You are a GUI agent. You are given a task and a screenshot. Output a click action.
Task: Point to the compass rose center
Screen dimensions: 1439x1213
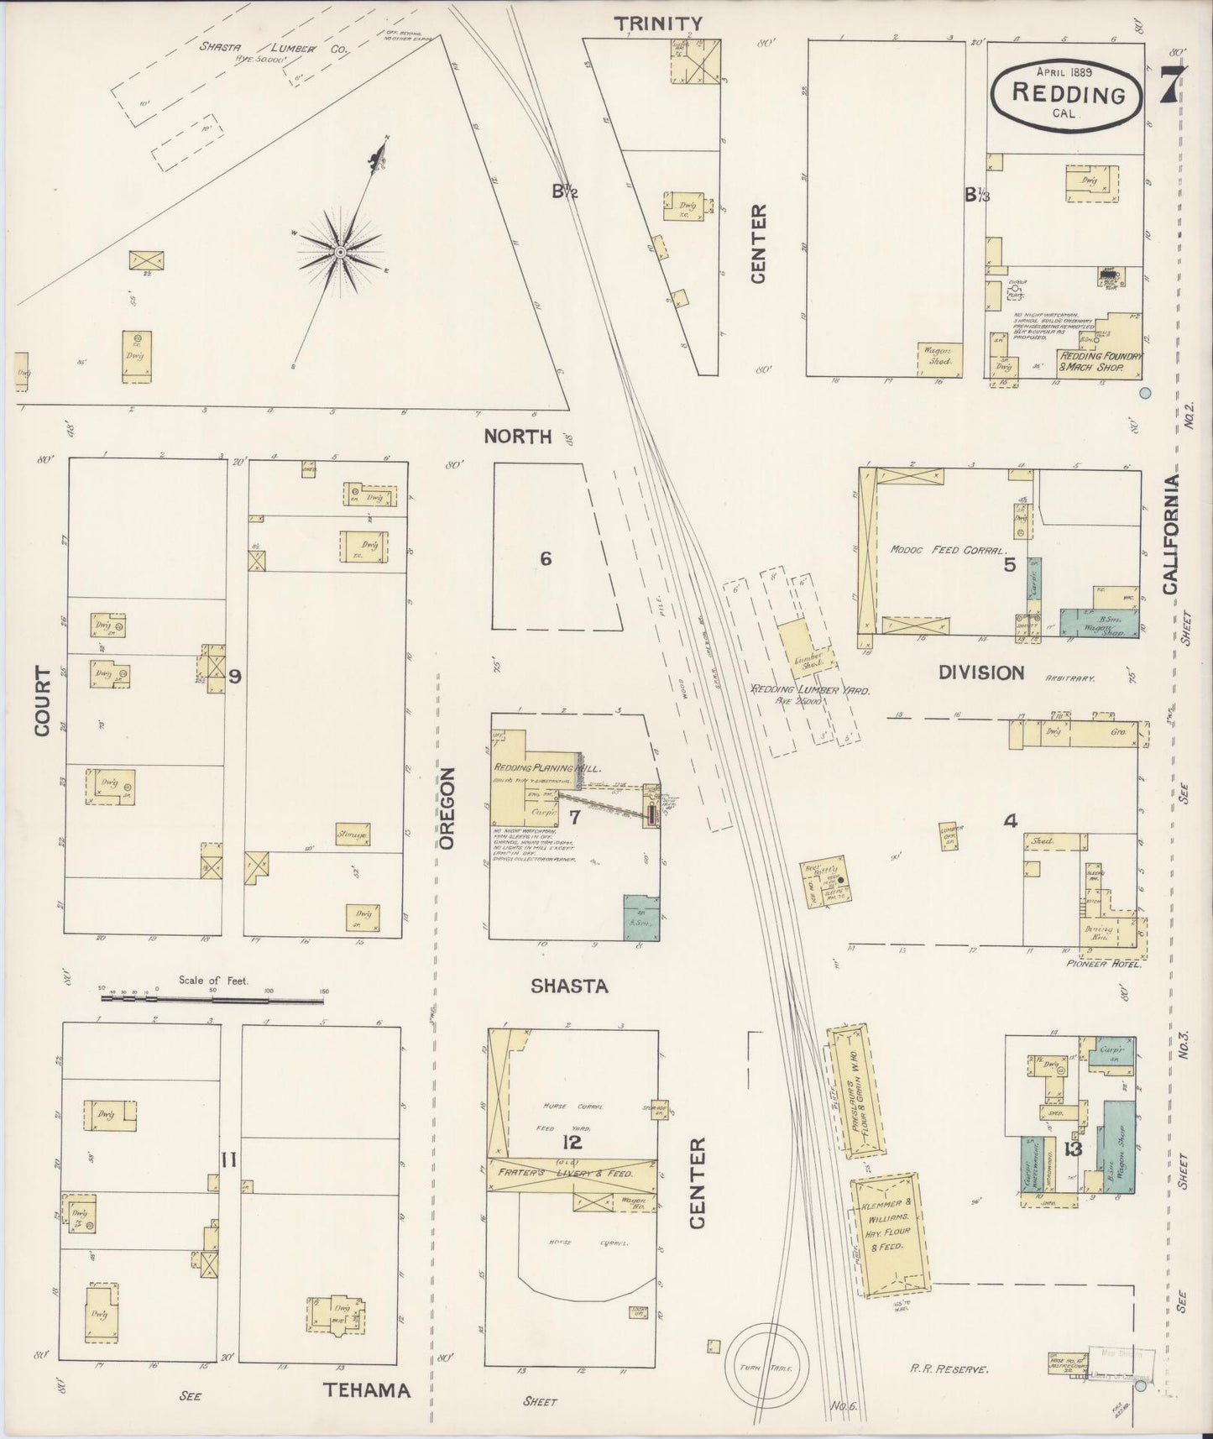point(340,252)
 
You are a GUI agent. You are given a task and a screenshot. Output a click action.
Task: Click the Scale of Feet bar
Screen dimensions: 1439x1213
point(213,999)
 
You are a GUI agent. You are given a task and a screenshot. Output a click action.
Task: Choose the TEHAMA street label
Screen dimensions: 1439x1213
point(368,1389)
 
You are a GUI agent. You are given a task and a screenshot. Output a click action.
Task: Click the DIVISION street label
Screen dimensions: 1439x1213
point(980,672)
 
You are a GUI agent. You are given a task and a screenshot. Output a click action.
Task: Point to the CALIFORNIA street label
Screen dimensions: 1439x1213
point(1171,534)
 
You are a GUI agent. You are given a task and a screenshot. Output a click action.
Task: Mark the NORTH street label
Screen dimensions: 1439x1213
point(518,436)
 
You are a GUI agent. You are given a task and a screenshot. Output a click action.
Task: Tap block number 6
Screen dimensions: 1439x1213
point(546,558)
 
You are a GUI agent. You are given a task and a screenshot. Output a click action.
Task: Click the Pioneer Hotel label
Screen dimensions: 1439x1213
point(1113,965)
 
